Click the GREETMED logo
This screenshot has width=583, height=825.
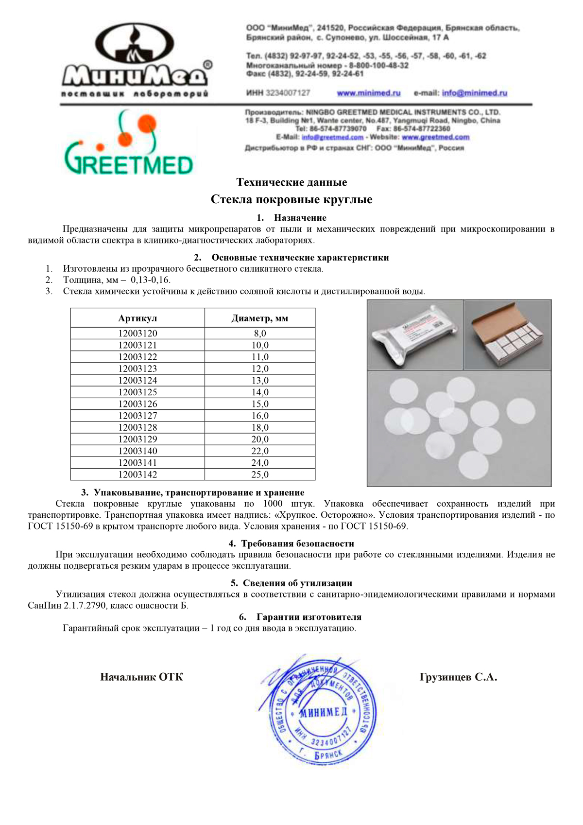click(x=129, y=143)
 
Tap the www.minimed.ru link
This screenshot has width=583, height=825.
click(x=368, y=93)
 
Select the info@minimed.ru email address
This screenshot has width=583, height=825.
click(x=474, y=93)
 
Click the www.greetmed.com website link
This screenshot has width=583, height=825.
click(x=435, y=138)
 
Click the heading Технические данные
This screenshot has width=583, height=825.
click(x=291, y=182)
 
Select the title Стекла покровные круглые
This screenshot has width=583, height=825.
click(x=291, y=199)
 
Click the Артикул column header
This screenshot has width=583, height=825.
click(x=137, y=318)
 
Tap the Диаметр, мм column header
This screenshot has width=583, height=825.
click(x=260, y=318)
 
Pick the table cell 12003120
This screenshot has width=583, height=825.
click(x=137, y=334)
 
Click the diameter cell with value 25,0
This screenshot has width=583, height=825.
click(x=260, y=474)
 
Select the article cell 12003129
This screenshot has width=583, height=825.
click(x=137, y=439)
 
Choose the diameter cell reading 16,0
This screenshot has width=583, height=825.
click(x=260, y=416)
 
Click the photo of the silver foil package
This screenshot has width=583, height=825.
click(x=415, y=334)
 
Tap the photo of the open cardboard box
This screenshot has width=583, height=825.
click(x=508, y=334)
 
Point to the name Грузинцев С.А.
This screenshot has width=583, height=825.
click(x=458, y=677)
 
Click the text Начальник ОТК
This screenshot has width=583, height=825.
click(x=141, y=677)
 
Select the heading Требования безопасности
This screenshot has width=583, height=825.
click(x=297, y=544)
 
